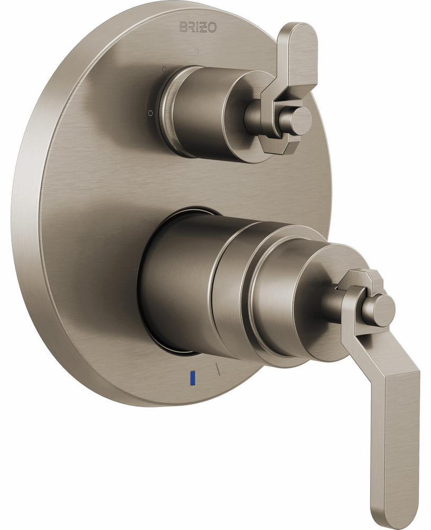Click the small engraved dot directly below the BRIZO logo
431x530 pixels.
click(196, 51)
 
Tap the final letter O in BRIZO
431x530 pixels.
click(212, 28)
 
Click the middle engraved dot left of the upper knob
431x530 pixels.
click(164, 69)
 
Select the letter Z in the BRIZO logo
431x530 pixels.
click(205, 28)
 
